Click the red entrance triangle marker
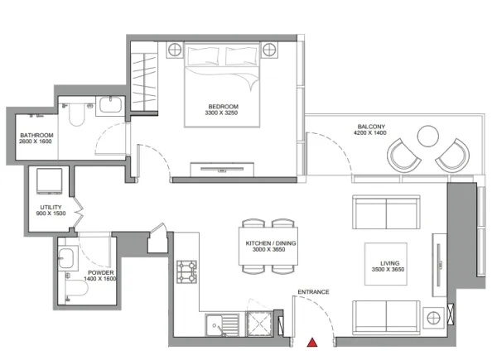(x=312, y=343)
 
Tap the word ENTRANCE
(x=313, y=292)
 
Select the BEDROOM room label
(x=223, y=107)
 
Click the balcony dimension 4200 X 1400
(x=370, y=133)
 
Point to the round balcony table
(x=428, y=137)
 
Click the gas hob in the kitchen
(x=186, y=271)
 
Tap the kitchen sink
(x=222, y=325)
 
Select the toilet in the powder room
(x=76, y=288)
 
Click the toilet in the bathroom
(x=77, y=114)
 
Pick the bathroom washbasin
(x=111, y=105)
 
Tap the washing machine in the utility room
(x=49, y=180)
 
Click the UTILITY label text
(x=51, y=208)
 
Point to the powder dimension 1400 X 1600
(x=100, y=279)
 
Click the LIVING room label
(x=390, y=263)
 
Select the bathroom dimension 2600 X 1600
(x=35, y=142)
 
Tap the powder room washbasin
(x=66, y=258)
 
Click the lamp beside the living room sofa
(x=433, y=318)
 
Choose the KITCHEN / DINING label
(x=271, y=243)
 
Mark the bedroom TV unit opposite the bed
(x=222, y=170)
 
